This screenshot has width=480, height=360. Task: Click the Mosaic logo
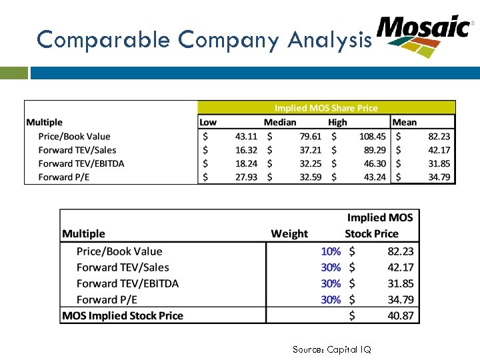424,35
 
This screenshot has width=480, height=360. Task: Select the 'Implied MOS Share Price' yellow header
326,108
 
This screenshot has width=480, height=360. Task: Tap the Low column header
208,122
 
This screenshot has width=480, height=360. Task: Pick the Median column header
279,122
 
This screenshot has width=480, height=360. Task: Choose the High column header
337,122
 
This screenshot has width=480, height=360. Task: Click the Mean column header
404,122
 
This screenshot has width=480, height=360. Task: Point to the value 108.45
371,137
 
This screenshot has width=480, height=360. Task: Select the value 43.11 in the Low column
246,137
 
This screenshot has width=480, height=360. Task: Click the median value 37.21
310,150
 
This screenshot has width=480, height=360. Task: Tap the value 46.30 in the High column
375,163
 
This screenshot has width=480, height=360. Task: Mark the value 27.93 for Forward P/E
246,177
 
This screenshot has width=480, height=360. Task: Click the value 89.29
375,150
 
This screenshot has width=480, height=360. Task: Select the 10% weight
331,251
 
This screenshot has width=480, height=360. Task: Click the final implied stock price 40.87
401,315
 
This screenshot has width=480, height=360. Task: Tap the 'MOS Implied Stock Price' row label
123,315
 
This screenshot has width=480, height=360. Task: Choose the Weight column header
289,233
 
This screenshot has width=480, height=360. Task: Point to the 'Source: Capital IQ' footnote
331,349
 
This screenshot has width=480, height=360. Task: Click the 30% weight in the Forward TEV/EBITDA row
331,283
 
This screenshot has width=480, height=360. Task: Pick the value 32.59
310,177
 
